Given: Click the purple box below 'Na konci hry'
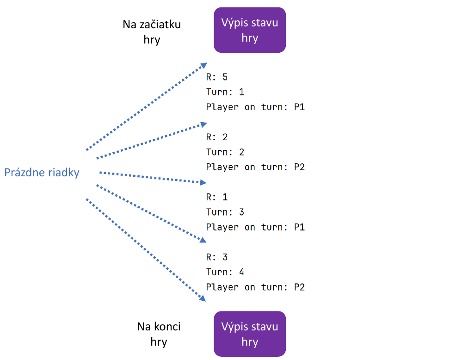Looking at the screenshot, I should (250, 334).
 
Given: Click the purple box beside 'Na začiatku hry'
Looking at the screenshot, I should (250, 30).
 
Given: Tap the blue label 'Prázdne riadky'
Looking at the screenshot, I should (42, 173).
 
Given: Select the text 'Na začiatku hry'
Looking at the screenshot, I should (152, 32).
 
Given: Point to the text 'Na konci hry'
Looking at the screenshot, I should (159, 334).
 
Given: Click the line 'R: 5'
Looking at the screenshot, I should (217, 77).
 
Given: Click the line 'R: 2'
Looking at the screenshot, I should (217, 137).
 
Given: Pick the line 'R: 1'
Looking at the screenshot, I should (217, 197).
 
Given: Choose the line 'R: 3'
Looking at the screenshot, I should (217, 257).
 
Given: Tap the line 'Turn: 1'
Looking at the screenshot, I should (225, 92).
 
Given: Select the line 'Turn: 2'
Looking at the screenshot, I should (225, 152).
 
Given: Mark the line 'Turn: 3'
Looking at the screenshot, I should (225, 212).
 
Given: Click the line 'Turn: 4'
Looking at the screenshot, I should (225, 273).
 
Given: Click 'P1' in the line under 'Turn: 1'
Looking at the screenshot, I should (299, 107).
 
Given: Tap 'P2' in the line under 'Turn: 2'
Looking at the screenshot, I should (299, 167).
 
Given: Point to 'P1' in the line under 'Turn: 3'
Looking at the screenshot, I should (299, 227).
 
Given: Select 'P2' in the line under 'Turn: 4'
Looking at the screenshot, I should (299, 287).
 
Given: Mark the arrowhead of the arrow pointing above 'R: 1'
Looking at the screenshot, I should (202, 183).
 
